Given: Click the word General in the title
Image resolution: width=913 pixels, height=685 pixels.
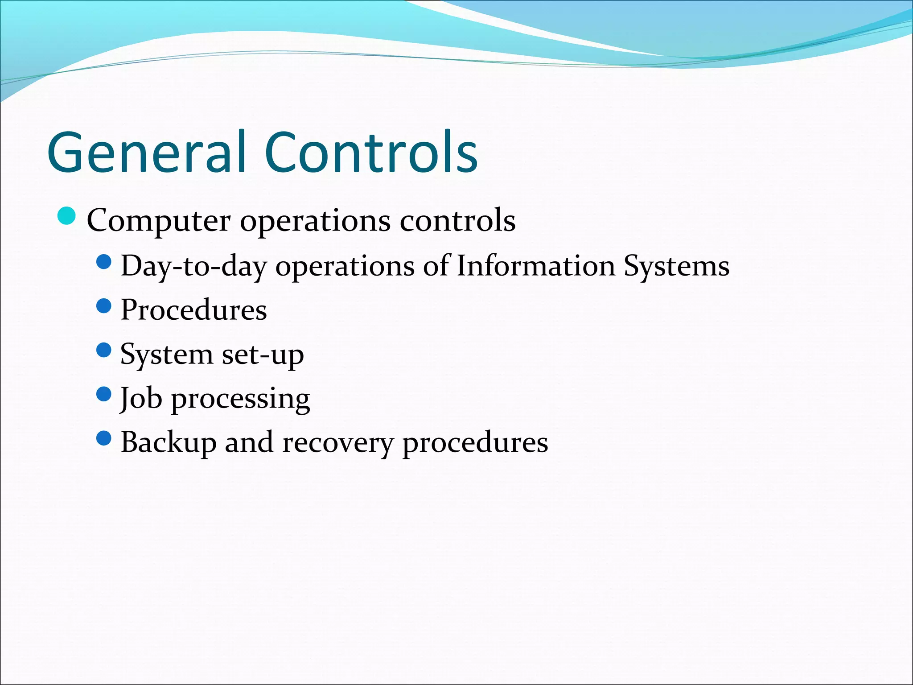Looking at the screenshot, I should (147, 153).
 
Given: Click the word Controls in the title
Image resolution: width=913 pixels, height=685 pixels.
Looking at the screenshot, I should (371, 153).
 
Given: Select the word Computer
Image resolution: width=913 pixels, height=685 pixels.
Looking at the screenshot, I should (159, 221).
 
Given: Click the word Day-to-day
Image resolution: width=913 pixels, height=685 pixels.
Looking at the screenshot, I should (193, 267).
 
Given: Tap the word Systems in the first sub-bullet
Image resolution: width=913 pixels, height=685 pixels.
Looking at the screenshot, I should (676, 267).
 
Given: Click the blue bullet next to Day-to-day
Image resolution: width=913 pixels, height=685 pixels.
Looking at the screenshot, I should (103, 262).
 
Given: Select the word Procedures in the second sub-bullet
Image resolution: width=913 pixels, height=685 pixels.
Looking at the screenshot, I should (193, 309).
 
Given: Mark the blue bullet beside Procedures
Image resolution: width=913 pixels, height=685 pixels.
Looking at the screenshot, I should (103, 306).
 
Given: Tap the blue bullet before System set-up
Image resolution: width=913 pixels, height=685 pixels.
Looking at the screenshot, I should (103, 350).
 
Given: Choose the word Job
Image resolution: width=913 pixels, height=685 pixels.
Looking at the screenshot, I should (141, 398).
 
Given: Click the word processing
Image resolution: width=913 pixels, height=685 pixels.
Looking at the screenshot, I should (241, 399).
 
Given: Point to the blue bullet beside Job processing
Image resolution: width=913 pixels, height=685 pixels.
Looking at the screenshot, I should (103, 394).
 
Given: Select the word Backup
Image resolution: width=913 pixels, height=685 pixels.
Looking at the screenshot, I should (169, 443).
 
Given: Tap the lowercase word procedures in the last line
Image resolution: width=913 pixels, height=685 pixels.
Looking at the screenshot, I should (475, 443).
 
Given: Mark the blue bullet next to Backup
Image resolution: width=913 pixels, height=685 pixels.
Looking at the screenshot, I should (103, 438).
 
